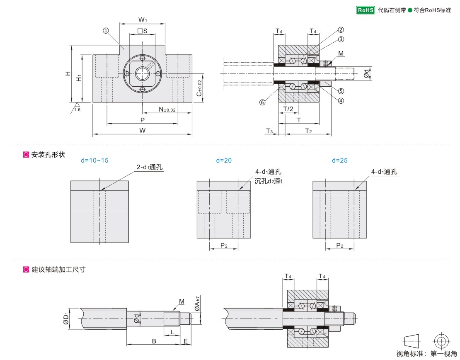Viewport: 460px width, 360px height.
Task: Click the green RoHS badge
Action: [x=366, y=10]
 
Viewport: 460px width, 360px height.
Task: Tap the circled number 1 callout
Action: [x=106, y=30]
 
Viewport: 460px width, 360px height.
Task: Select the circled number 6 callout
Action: [x=262, y=102]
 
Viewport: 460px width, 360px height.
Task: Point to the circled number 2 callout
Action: [x=341, y=30]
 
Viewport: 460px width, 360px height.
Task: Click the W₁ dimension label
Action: [x=143, y=19]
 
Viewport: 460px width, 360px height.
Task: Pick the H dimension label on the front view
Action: [x=67, y=73]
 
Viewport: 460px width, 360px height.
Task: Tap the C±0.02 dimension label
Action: [x=199, y=88]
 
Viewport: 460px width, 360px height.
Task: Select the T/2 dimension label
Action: [x=288, y=109]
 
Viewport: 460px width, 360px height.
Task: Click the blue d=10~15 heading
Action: [x=94, y=160]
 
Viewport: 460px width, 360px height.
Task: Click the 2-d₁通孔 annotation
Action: [x=150, y=167]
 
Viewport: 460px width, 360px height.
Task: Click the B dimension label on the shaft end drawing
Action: [x=154, y=341]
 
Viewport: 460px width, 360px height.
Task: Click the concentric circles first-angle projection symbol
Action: [x=441, y=341]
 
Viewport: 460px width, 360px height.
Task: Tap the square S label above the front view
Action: [x=142, y=31]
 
